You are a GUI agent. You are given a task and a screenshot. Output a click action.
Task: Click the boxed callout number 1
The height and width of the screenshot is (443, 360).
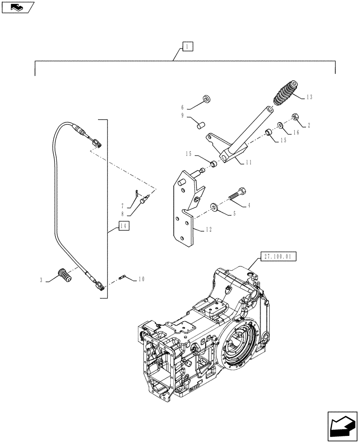tap(187, 47)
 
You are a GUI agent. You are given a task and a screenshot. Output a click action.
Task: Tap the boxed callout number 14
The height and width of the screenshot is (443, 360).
tap(125, 226)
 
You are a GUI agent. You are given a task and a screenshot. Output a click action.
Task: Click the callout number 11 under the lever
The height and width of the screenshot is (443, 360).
tap(248, 163)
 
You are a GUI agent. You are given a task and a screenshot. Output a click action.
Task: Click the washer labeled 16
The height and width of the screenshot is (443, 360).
tap(281, 126)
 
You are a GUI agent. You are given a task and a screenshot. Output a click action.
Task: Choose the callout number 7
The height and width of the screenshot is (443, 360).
tap(123, 206)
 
